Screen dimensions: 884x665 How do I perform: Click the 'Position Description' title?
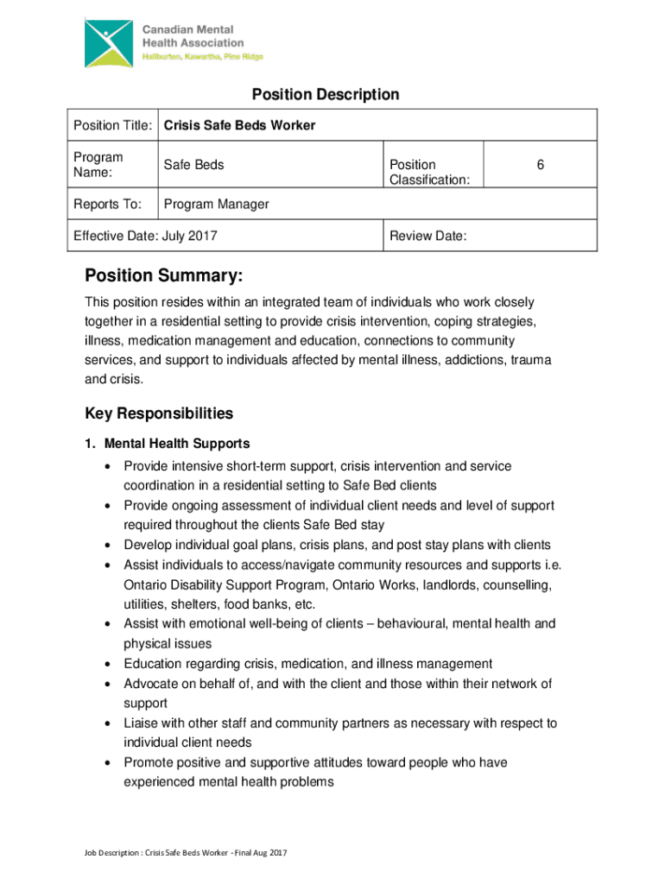(x=325, y=94)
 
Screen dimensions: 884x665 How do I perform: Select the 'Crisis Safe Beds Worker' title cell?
(x=239, y=126)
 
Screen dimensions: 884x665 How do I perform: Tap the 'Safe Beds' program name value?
(x=193, y=164)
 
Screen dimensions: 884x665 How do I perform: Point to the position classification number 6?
(x=540, y=164)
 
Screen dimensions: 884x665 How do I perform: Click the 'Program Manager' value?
(x=216, y=205)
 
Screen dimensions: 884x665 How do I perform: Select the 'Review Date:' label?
(x=428, y=236)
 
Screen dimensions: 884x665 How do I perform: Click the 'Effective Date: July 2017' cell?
(x=145, y=236)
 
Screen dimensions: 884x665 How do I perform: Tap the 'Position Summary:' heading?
(x=163, y=276)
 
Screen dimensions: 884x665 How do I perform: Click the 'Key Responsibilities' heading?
(x=158, y=414)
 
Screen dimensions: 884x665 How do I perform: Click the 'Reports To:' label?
(x=101, y=205)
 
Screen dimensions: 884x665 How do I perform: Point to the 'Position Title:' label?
(x=109, y=126)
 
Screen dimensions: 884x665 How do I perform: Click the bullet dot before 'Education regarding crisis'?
(x=106, y=664)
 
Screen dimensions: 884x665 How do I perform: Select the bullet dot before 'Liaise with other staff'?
(x=106, y=723)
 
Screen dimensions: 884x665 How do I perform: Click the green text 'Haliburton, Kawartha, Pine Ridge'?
(x=203, y=57)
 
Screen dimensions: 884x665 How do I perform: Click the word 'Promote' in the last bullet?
(x=148, y=762)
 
